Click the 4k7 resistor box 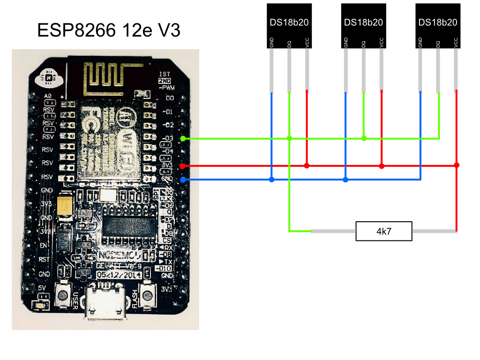[384, 231]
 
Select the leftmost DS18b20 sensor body [289, 26]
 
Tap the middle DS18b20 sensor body [363, 26]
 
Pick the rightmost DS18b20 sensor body [438, 26]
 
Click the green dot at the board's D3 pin [183, 139]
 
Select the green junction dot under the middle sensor [364, 138]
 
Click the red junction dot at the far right [457, 165]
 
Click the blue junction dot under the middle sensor [345, 180]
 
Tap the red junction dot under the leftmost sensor [307, 165]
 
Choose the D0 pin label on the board [169, 99]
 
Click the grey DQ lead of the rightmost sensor [439, 70]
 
